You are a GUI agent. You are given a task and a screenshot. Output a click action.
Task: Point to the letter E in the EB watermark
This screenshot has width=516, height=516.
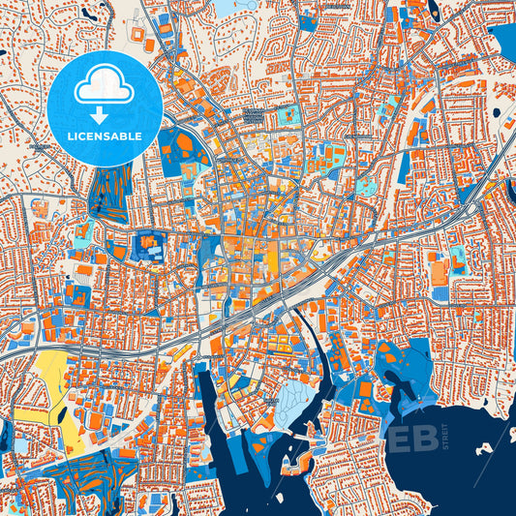(400, 438)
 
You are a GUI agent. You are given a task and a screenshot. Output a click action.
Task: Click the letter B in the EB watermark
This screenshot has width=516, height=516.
(427, 438)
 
